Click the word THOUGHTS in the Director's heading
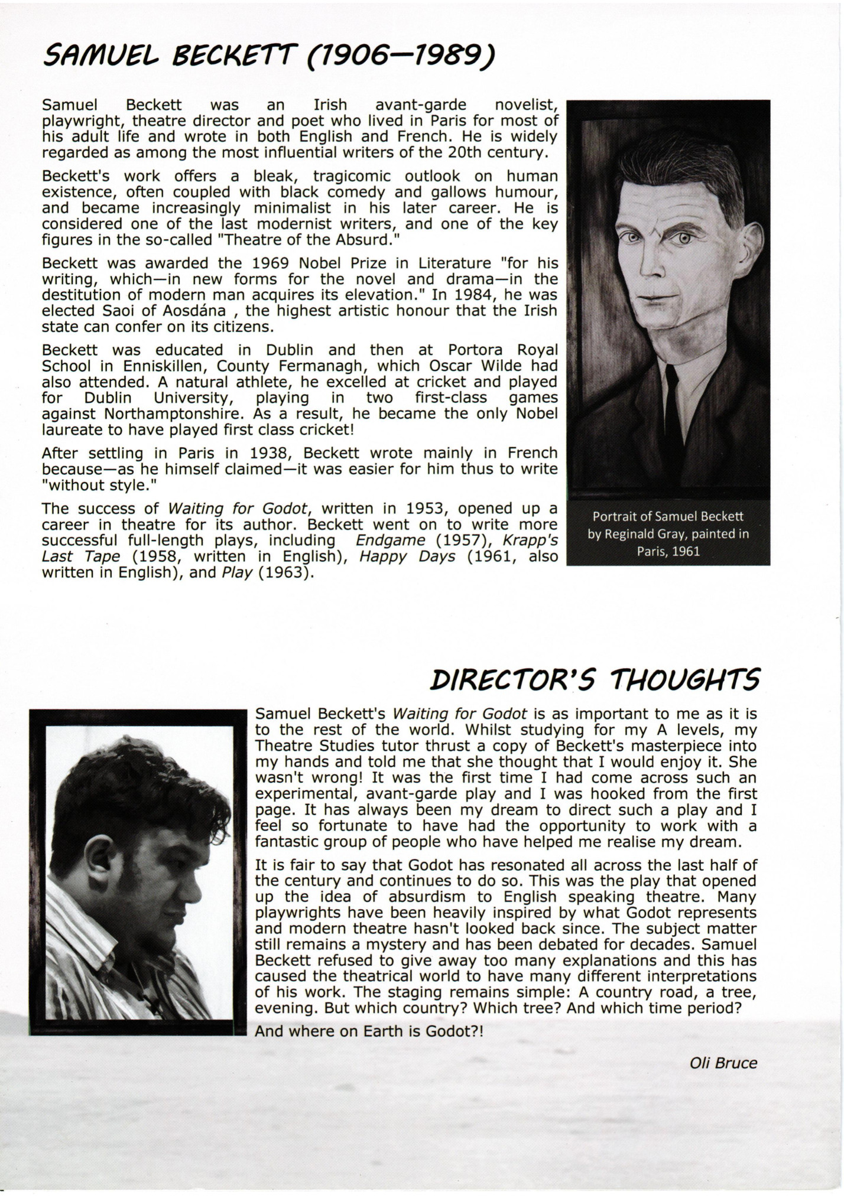686,681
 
